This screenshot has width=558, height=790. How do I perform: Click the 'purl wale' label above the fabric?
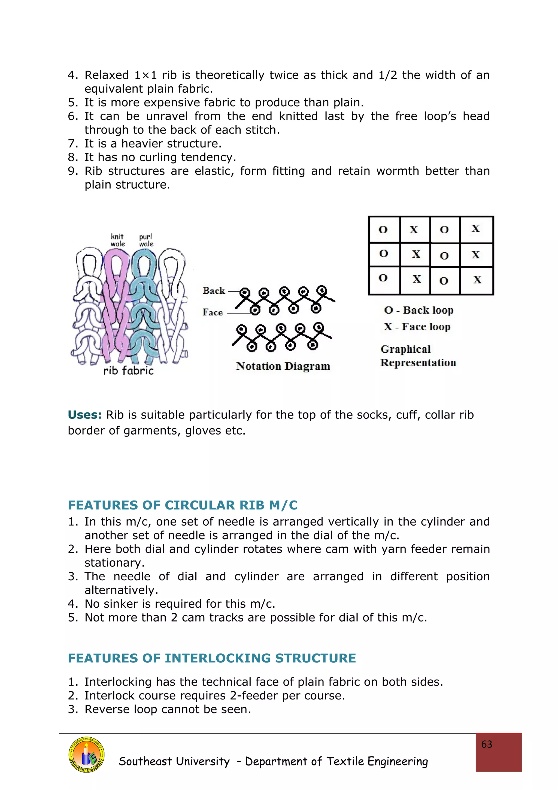coord(146,240)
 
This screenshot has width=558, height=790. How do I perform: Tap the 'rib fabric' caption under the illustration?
coord(129,370)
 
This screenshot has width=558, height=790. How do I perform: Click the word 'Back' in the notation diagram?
coord(214,291)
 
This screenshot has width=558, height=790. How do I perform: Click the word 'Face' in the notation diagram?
coord(213,312)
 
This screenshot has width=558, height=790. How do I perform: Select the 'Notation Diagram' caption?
coord(283,366)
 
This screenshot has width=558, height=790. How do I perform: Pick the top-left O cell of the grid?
coord(384,230)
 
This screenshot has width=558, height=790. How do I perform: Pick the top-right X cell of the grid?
coord(476,229)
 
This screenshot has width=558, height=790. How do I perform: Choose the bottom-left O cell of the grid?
coord(384,279)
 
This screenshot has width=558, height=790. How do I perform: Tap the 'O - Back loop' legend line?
coord(418,310)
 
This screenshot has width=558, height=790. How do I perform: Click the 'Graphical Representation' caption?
coord(418,356)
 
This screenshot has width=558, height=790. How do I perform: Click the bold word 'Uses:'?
coord(84,415)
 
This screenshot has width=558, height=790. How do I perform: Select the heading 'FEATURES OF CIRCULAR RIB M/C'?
coord(183,505)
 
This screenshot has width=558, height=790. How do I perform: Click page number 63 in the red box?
coord(487,744)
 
